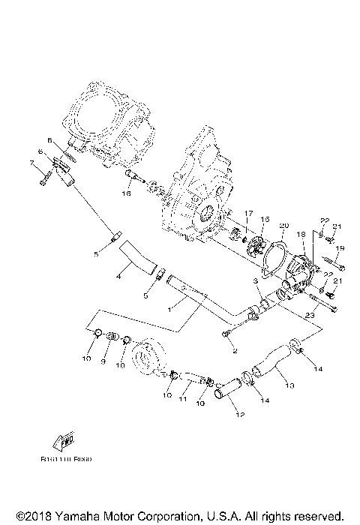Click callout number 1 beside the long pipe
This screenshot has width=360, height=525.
(x=171, y=307)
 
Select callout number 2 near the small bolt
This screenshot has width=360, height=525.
(x=233, y=350)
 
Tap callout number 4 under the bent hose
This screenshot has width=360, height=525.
(x=118, y=277)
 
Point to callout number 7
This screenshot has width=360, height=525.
(x=31, y=163)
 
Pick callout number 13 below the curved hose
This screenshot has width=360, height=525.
(x=290, y=387)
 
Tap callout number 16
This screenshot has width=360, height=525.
(x=127, y=193)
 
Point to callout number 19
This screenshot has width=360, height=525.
(x=340, y=248)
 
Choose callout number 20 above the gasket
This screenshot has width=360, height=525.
(x=283, y=225)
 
